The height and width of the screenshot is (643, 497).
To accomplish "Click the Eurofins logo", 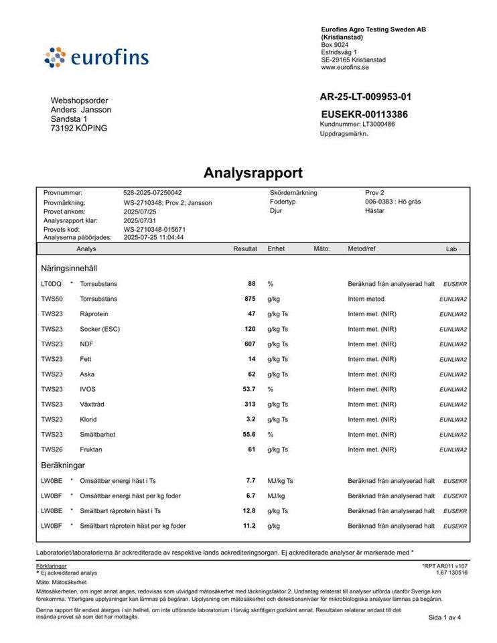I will [96, 57].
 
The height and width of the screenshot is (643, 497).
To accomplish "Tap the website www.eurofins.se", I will [345, 67].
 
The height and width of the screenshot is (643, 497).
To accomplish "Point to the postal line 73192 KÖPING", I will [79, 128].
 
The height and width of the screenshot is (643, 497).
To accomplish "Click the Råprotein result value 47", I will [251, 313].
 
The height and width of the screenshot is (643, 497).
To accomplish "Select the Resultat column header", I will [244, 248].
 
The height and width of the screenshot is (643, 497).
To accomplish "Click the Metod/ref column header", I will [362, 248].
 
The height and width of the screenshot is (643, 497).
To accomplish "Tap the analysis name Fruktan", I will [90, 449].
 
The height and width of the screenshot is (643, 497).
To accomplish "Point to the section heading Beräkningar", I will [63, 465].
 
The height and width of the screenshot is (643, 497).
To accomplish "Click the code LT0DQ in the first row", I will [51, 283].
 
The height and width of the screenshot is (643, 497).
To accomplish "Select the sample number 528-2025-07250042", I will [152, 193].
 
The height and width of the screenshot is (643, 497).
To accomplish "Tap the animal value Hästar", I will [374, 210].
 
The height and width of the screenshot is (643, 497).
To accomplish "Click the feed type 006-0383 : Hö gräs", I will [393, 202].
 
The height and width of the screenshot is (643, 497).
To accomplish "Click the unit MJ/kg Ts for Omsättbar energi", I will [281, 481].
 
